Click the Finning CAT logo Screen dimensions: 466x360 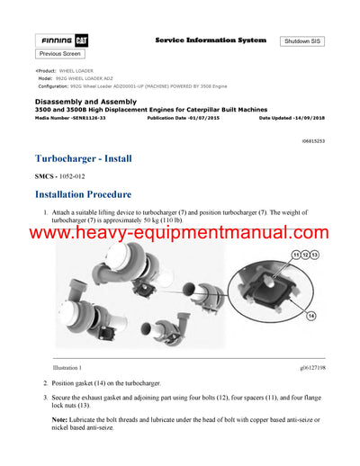[x=60, y=40]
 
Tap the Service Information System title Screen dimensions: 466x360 [x=211, y=40]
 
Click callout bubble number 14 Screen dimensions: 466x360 [x=310, y=315]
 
